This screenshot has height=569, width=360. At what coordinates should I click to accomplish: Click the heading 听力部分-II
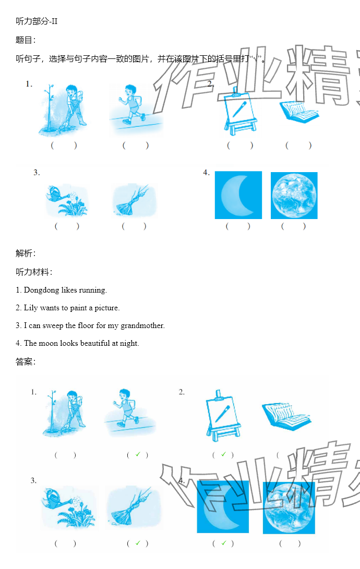click(x=37, y=21)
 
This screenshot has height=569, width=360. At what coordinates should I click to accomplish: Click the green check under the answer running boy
click(x=138, y=454)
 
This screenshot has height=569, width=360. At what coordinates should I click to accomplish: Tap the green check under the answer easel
click(x=223, y=454)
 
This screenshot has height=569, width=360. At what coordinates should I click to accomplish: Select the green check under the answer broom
click(x=138, y=543)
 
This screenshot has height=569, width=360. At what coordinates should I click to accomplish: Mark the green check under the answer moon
click(x=223, y=543)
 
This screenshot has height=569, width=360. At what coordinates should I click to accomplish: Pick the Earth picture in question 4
click(x=294, y=196)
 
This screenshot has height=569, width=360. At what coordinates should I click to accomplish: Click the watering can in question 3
click(x=57, y=194)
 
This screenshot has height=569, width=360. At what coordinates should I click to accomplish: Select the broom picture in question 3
click(x=133, y=201)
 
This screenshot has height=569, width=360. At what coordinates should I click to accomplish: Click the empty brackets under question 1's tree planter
click(x=64, y=146)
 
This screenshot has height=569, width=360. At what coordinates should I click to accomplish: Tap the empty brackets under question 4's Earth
click(x=294, y=226)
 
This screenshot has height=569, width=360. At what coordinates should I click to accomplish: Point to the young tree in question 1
click(x=49, y=107)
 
